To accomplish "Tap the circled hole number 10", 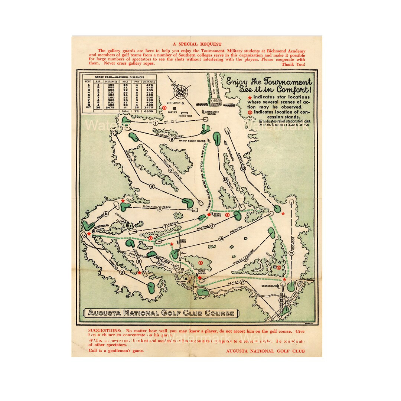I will click(x=243, y=168).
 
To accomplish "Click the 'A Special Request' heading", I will click(x=200, y=44).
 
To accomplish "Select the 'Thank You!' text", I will click(x=293, y=64).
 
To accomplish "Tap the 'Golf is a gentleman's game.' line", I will click(x=116, y=350).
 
